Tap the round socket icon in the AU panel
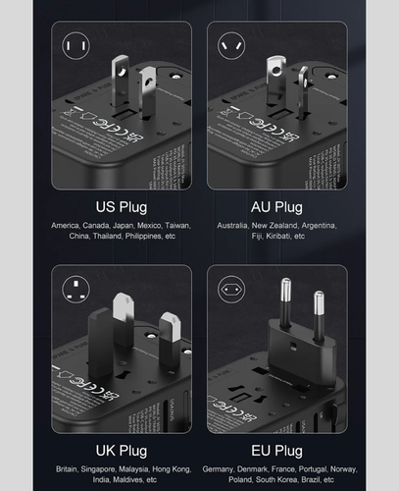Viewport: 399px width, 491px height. (231, 45)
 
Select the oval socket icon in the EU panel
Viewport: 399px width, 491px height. (231, 289)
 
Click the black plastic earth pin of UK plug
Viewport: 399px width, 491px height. (101, 339)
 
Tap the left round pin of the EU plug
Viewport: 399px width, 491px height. (285, 304)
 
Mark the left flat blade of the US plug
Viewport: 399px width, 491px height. (119, 83)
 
